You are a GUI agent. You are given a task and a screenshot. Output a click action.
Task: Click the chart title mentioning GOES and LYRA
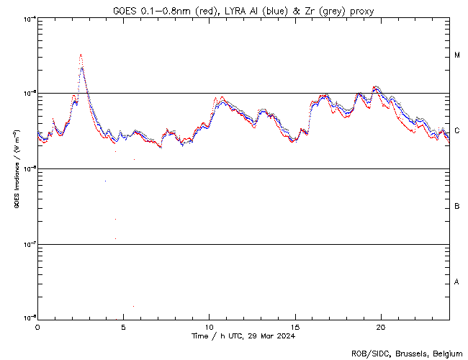pyautogui.click(x=243, y=11)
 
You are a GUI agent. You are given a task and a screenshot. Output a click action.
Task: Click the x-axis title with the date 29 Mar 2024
pyautogui.click(x=243, y=336)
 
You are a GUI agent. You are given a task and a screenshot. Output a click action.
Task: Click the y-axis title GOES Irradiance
pyautogui.click(x=16, y=168)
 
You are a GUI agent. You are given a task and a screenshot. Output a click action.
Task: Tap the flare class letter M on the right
pyautogui.click(x=457, y=55)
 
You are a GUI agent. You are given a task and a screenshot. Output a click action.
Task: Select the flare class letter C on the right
pyautogui.click(x=457, y=131)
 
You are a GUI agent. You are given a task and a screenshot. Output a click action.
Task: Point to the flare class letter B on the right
pyautogui.click(x=457, y=207)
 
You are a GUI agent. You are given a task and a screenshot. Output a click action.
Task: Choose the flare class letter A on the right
pyautogui.click(x=457, y=282)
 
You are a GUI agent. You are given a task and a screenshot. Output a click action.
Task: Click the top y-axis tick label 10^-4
pyautogui.click(x=29, y=19)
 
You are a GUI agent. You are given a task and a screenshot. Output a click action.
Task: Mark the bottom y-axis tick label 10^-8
pyautogui.click(x=29, y=318)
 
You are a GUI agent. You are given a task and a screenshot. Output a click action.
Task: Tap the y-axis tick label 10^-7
pyautogui.click(x=29, y=243)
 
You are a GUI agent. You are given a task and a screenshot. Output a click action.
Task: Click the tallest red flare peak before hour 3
pyautogui.click(x=81, y=55)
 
